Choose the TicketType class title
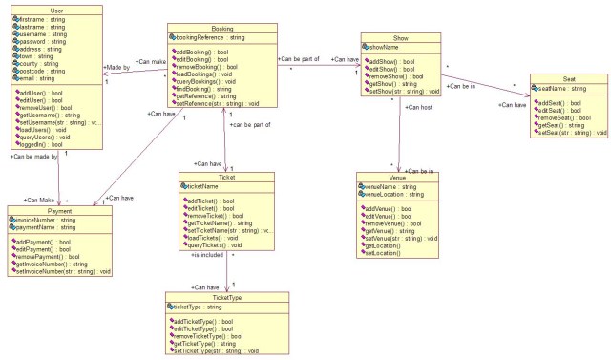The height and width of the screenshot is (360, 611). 226,296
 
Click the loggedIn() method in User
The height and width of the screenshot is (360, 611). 40,142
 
